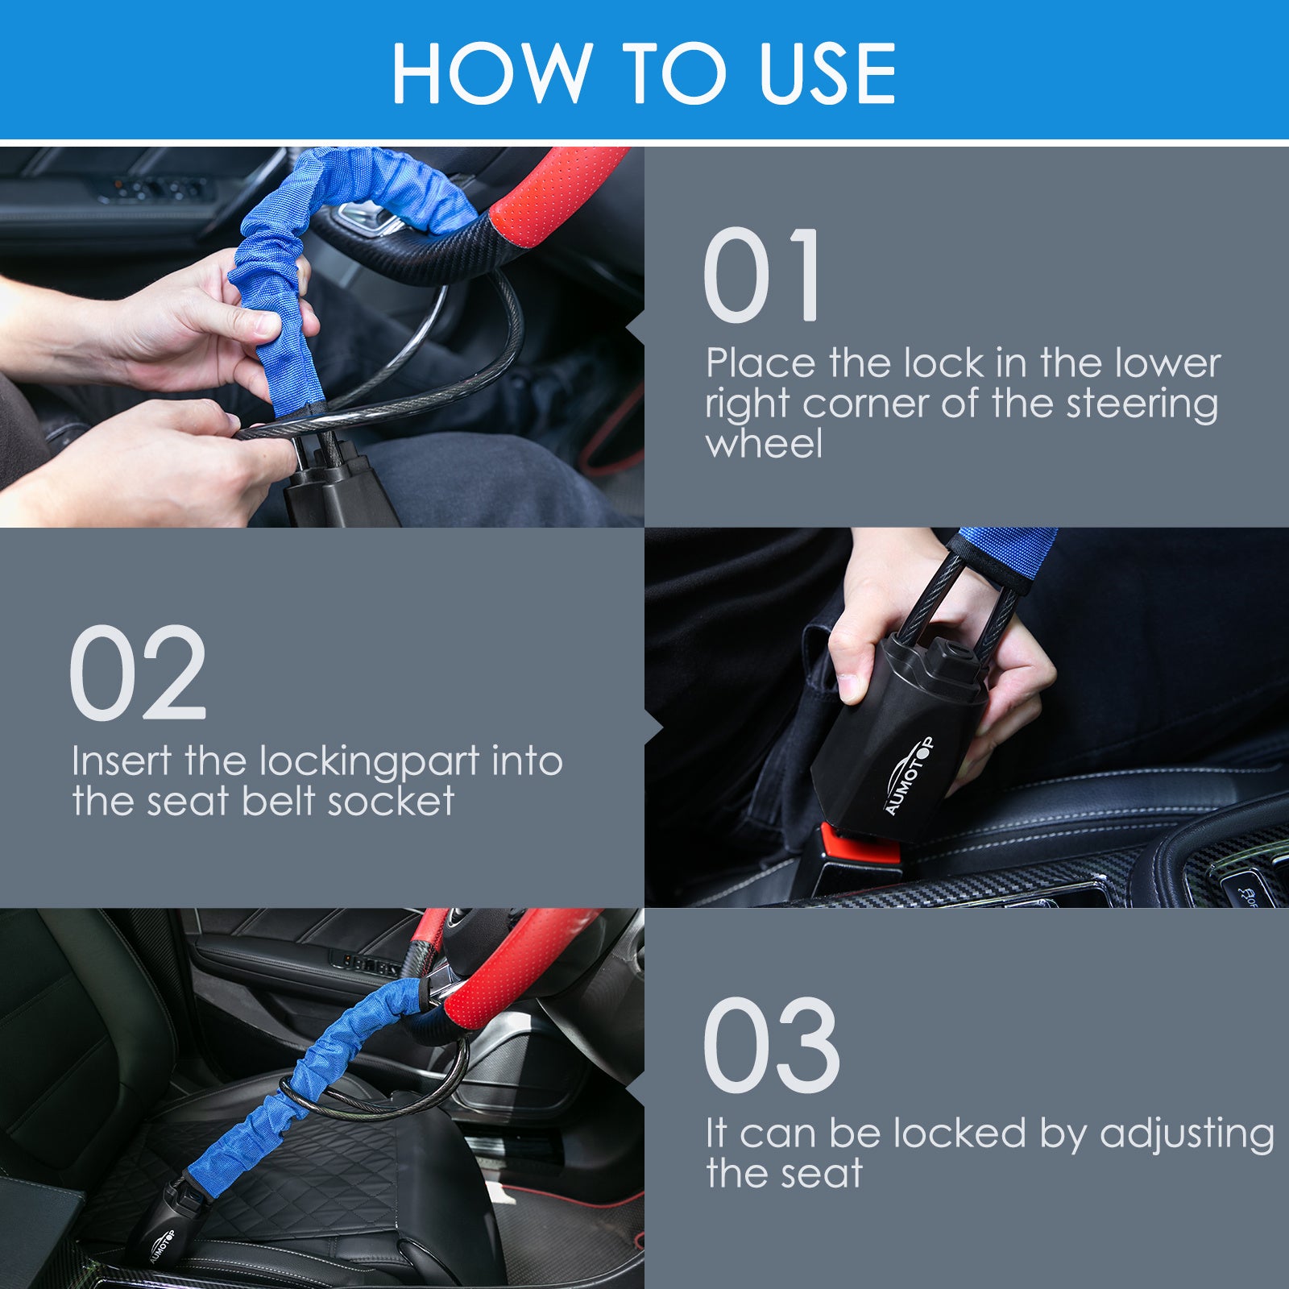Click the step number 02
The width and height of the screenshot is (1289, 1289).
click(x=138, y=674)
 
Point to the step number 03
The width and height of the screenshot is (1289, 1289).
click(x=771, y=1046)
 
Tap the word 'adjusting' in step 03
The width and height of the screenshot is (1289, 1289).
click(x=1187, y=1134)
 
